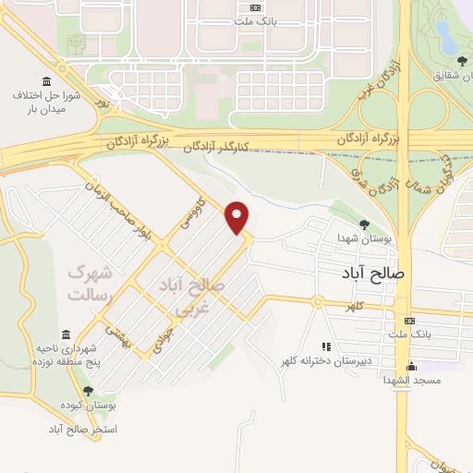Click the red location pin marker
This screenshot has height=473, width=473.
(x=238, y=217)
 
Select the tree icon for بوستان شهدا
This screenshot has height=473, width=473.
(x=364, y=224)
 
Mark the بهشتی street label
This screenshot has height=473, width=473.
(x=117, y=338)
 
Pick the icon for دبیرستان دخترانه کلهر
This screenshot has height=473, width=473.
(x=324, y=346)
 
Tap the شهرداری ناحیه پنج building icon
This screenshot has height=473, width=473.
(x=65, y=334)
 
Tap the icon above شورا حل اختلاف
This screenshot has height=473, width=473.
(x=47, y=80)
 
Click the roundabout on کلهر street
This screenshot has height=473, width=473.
(x=316, y=301)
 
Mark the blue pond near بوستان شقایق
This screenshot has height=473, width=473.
(x=445, y=38)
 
